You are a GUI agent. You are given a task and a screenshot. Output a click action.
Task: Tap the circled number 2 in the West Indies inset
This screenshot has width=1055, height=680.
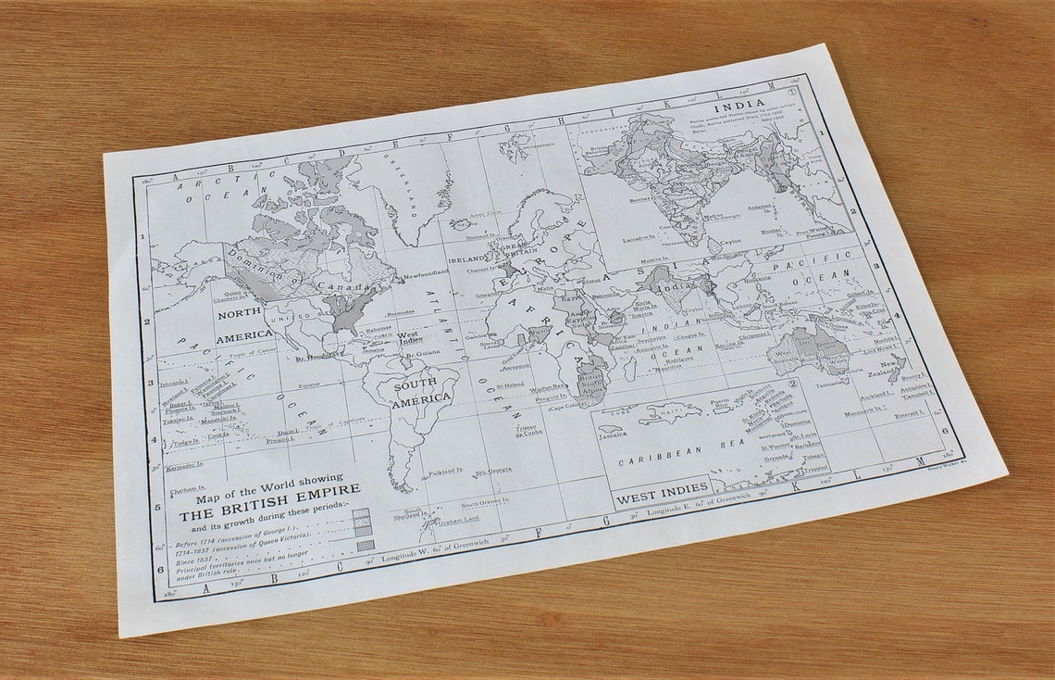pos(791,383)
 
